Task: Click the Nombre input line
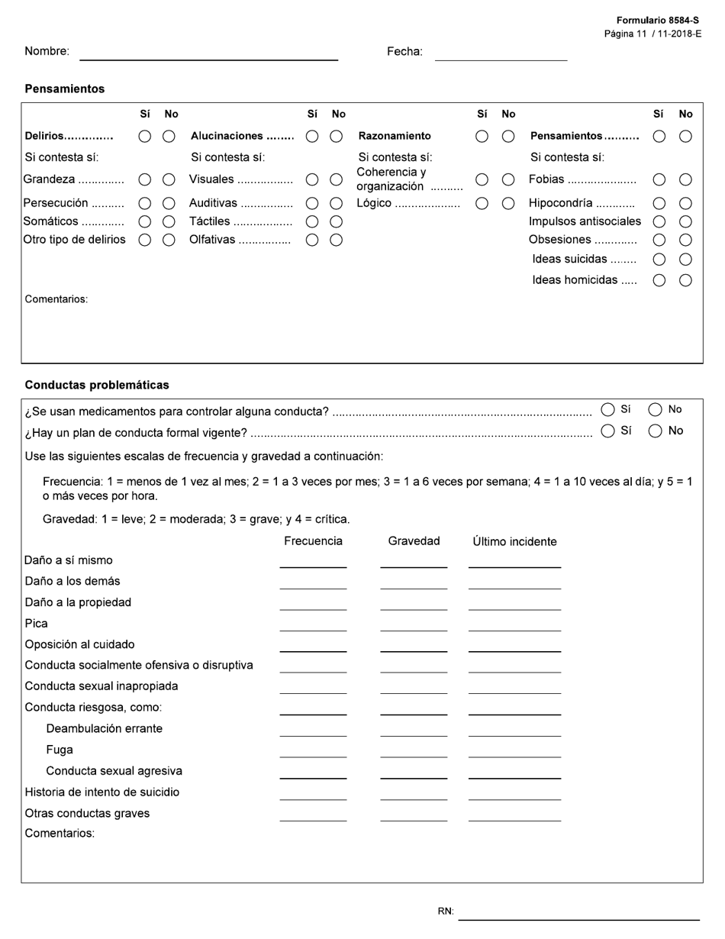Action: click(208, 53)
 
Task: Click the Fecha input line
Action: click(501, 53)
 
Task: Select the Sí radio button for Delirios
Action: click(144, 136)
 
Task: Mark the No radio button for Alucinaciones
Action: click(336, 136)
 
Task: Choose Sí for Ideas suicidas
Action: click(659, 260)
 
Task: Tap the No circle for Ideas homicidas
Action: click(685, 280)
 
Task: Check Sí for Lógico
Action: click(482, 204)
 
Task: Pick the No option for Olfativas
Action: click(336, 240)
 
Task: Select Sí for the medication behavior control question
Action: click(608, 410)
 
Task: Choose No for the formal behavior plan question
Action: click(655, 431)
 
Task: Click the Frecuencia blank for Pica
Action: click(313, 624)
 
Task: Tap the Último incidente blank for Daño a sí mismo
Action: click(514, 560)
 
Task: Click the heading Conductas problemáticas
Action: click(97, 385)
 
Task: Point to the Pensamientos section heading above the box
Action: click(65, 89)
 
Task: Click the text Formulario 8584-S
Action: click(658, 21)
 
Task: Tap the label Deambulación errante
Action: click(104, 728)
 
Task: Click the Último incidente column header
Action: click(514, 541)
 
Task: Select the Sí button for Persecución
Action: click(144, 204)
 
